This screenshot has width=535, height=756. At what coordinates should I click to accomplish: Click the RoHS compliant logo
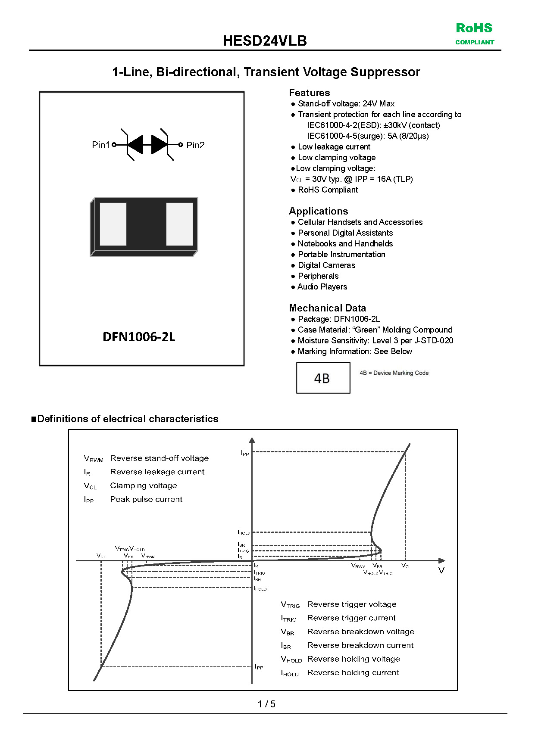475,34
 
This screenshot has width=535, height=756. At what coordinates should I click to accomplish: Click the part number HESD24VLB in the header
265,41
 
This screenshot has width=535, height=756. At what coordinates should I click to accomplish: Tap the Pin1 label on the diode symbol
101,145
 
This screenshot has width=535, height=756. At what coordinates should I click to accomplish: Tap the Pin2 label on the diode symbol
195,145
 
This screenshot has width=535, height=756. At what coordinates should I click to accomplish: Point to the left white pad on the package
113,224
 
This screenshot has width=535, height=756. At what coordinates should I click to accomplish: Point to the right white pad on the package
179,224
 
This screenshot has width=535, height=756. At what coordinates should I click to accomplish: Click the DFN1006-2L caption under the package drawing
139,337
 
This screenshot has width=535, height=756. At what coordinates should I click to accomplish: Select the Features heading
309,93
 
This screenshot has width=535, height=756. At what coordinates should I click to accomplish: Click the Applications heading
318,211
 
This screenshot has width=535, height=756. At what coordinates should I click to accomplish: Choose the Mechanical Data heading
327,308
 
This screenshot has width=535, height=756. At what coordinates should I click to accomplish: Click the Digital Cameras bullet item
326,265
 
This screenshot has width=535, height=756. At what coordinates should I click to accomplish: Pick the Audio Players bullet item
322,287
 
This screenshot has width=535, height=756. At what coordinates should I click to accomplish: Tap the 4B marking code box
323,378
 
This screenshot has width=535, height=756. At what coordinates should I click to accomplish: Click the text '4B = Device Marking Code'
394,373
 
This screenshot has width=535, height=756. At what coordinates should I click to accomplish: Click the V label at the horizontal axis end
441,570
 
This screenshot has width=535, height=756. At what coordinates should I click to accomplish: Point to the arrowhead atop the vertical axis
252,440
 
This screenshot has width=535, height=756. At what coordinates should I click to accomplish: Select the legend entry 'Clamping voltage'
144,485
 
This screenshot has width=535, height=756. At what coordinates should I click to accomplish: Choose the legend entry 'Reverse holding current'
353,672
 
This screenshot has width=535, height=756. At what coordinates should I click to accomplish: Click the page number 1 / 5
266,704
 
